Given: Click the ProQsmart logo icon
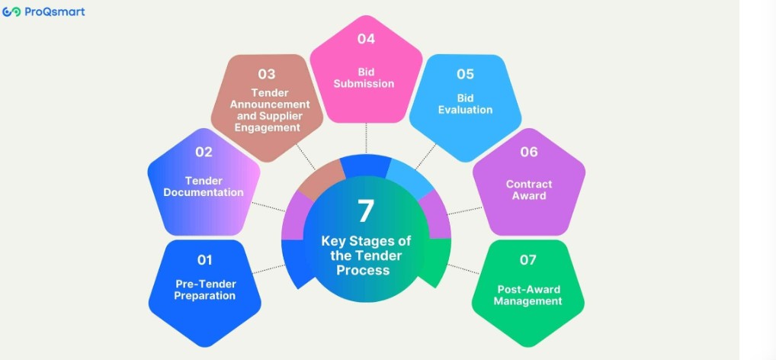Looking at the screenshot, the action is coord(11,11).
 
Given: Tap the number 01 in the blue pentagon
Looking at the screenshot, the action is coord(204,260).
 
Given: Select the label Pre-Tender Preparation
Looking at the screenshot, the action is coord(205,290).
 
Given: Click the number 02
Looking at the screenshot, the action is coord(204,152).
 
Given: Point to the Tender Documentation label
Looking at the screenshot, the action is coord(204,187).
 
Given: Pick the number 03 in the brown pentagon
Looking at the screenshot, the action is coord(266,74).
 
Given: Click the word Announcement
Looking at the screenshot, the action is coord(270,104).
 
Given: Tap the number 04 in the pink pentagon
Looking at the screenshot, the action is coord(366,39).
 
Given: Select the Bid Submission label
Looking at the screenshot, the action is coord(364,79).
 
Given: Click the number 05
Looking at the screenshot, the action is coord(465,74).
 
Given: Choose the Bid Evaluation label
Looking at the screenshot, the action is coord(465,104).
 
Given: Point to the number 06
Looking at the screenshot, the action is coord(528,152).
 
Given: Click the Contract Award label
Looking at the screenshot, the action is coord(529,190).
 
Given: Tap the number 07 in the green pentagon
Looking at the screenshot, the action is coord(528,260).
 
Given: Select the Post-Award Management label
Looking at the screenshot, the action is coord(528,295).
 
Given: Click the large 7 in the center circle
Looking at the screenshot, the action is coord(366,211).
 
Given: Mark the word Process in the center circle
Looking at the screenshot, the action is coord(364,270).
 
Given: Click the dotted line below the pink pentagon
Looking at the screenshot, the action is coord(366,138).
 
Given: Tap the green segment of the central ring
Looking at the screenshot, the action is coord(439,260).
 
